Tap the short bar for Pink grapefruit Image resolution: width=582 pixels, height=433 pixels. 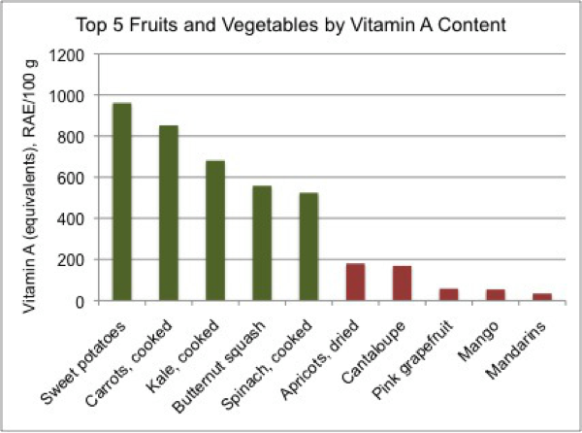pos(448,295)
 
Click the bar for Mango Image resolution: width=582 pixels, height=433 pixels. pos(495,295)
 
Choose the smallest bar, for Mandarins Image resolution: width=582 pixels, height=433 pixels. pos(541,297)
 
